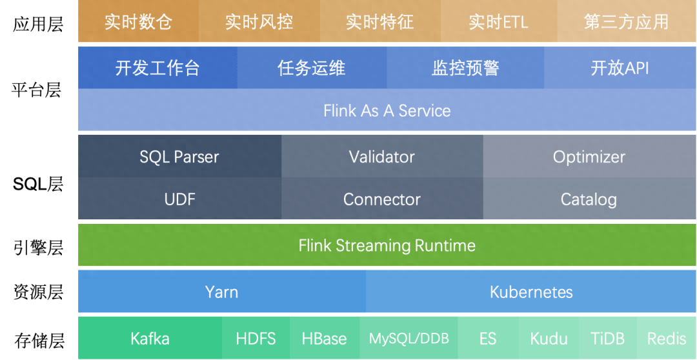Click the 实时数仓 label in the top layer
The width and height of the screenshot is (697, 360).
(x=138, y=22)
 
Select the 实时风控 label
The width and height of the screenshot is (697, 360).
(x=259, y=22)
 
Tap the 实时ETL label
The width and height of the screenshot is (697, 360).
(x=498, y=22)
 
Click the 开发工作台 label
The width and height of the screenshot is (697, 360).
(x=157, y=68)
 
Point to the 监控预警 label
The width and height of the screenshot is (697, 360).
(x=465, y=68)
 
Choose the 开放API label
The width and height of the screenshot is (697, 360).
(x=620, y=68)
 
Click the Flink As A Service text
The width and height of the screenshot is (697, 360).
(x=387, y=110)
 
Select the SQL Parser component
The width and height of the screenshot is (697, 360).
(x=179, y=157)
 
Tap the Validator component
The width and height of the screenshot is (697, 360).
(x=381, y=157)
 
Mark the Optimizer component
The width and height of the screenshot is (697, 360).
(x=589, y=157)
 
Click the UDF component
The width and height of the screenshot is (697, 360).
(x=179, y=199)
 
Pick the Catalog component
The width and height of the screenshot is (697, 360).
(x=589, y=199)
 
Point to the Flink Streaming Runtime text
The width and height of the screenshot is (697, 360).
(x=387, y=245)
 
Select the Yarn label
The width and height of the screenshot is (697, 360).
(x=221, y=292)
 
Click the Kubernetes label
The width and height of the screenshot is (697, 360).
(x=531, y=292)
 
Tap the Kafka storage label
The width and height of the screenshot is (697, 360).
(x=150, y=338)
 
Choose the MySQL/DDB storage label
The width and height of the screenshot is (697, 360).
(x=409, y=338)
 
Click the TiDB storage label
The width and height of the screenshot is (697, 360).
(x=607, y=338)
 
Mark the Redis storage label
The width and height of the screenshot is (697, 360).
(x=667, y=338)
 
